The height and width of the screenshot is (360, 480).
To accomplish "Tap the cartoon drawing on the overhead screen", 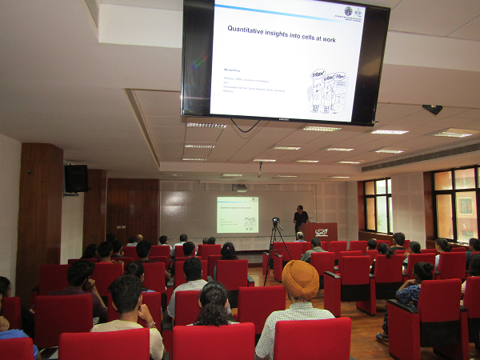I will pyautogui.click(x=329, y=90).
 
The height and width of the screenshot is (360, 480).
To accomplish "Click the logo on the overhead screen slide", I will pyautogui.click(x=348, y=11).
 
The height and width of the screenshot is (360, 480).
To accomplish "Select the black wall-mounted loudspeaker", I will pyautogui.click(x=76, y=178).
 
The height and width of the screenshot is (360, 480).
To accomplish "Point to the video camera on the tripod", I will pyautogui.click(x=276, y=222).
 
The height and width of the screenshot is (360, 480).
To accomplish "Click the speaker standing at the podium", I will pyautogui.click(x=300, y=217).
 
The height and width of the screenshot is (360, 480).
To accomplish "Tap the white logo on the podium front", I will pyautogui.click(x=321, y=232).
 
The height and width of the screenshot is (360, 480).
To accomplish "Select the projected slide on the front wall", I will pyautogui.click(x=237, y=214).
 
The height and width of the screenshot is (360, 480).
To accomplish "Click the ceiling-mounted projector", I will pyautogui.click(x=240, y=188).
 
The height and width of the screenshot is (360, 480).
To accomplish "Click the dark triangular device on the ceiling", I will pyautogui.click(x=433, y=109).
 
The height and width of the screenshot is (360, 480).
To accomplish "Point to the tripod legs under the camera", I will pyautogui.click(x=277, y=248).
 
